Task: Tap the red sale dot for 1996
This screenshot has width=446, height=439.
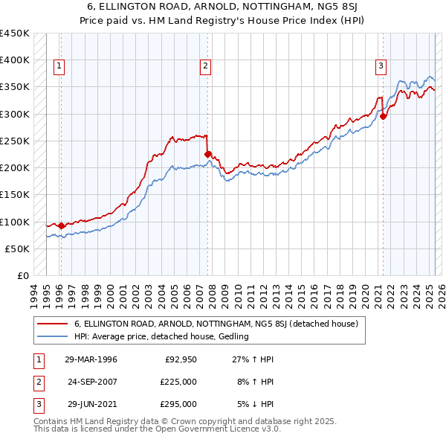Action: tap(61, 225)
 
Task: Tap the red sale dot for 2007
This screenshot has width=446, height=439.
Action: tap(208, 155)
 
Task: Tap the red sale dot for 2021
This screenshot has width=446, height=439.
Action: tap(384, 116)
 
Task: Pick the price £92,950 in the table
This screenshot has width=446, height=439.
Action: tap(181, 359)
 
